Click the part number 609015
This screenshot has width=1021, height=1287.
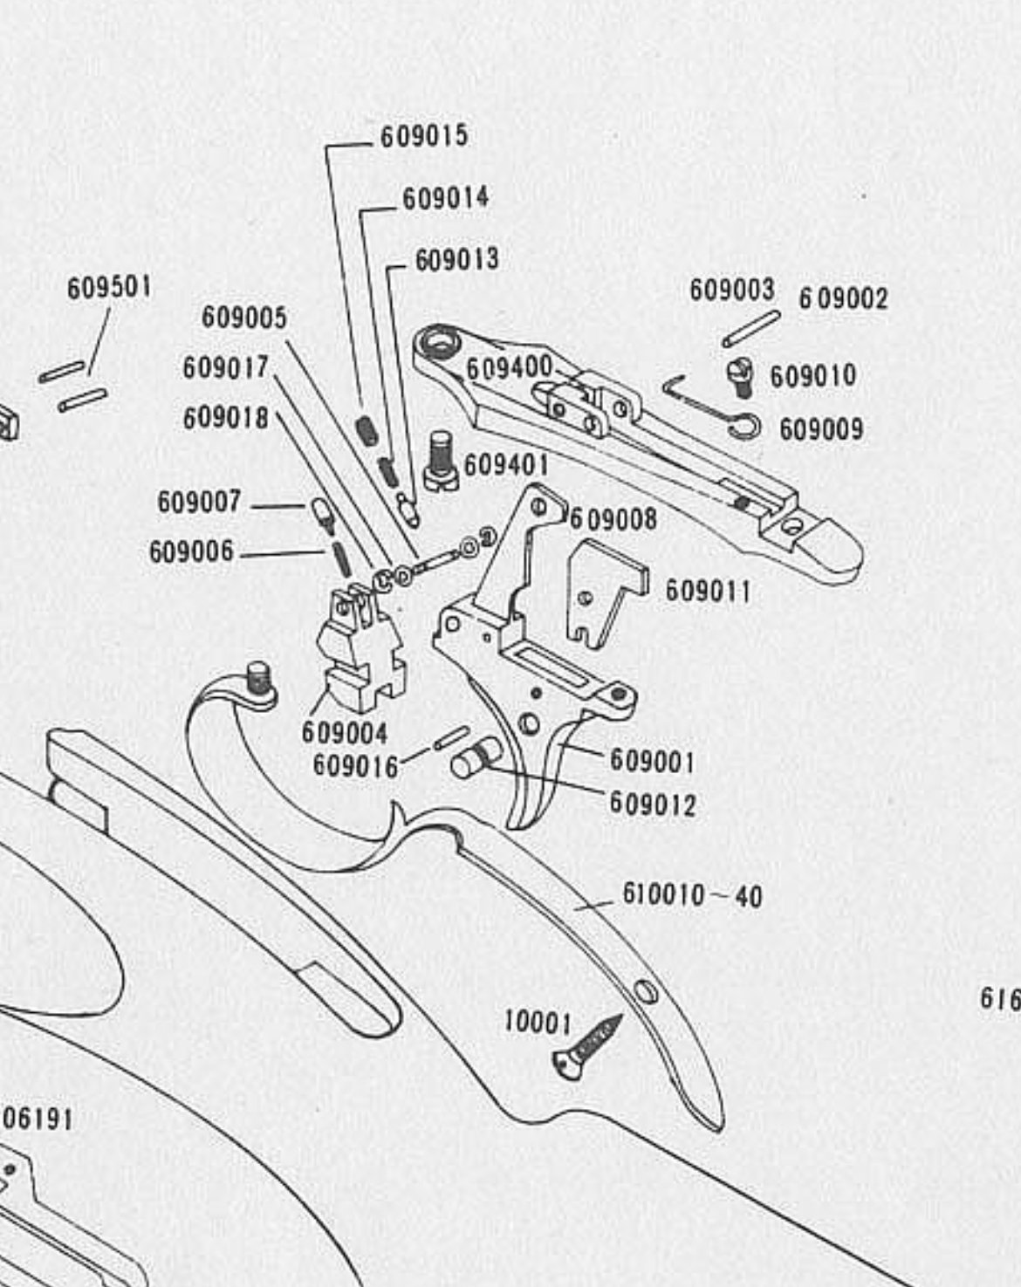(424, 136)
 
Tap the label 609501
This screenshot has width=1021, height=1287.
(109, 287)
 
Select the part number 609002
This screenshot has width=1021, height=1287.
(843, 299)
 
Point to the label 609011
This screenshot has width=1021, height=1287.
(708, 592)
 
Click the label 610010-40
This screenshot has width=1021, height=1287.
(692, 895)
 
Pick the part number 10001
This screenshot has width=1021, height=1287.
(538, 1023)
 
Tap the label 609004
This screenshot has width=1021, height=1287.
(344, 732)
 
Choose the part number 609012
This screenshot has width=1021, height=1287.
(652, 803)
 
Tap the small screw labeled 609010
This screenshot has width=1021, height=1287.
(741, 378)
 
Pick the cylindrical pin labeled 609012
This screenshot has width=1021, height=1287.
(476, 756)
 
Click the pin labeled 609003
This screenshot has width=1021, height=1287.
(750, 328)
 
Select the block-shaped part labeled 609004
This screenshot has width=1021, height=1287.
(360, 646)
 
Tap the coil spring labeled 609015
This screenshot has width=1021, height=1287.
(366, 428)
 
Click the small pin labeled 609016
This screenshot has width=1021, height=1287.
(451, 737)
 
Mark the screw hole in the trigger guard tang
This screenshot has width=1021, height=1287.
(646, 992)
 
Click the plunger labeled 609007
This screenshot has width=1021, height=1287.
(321, 514)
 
